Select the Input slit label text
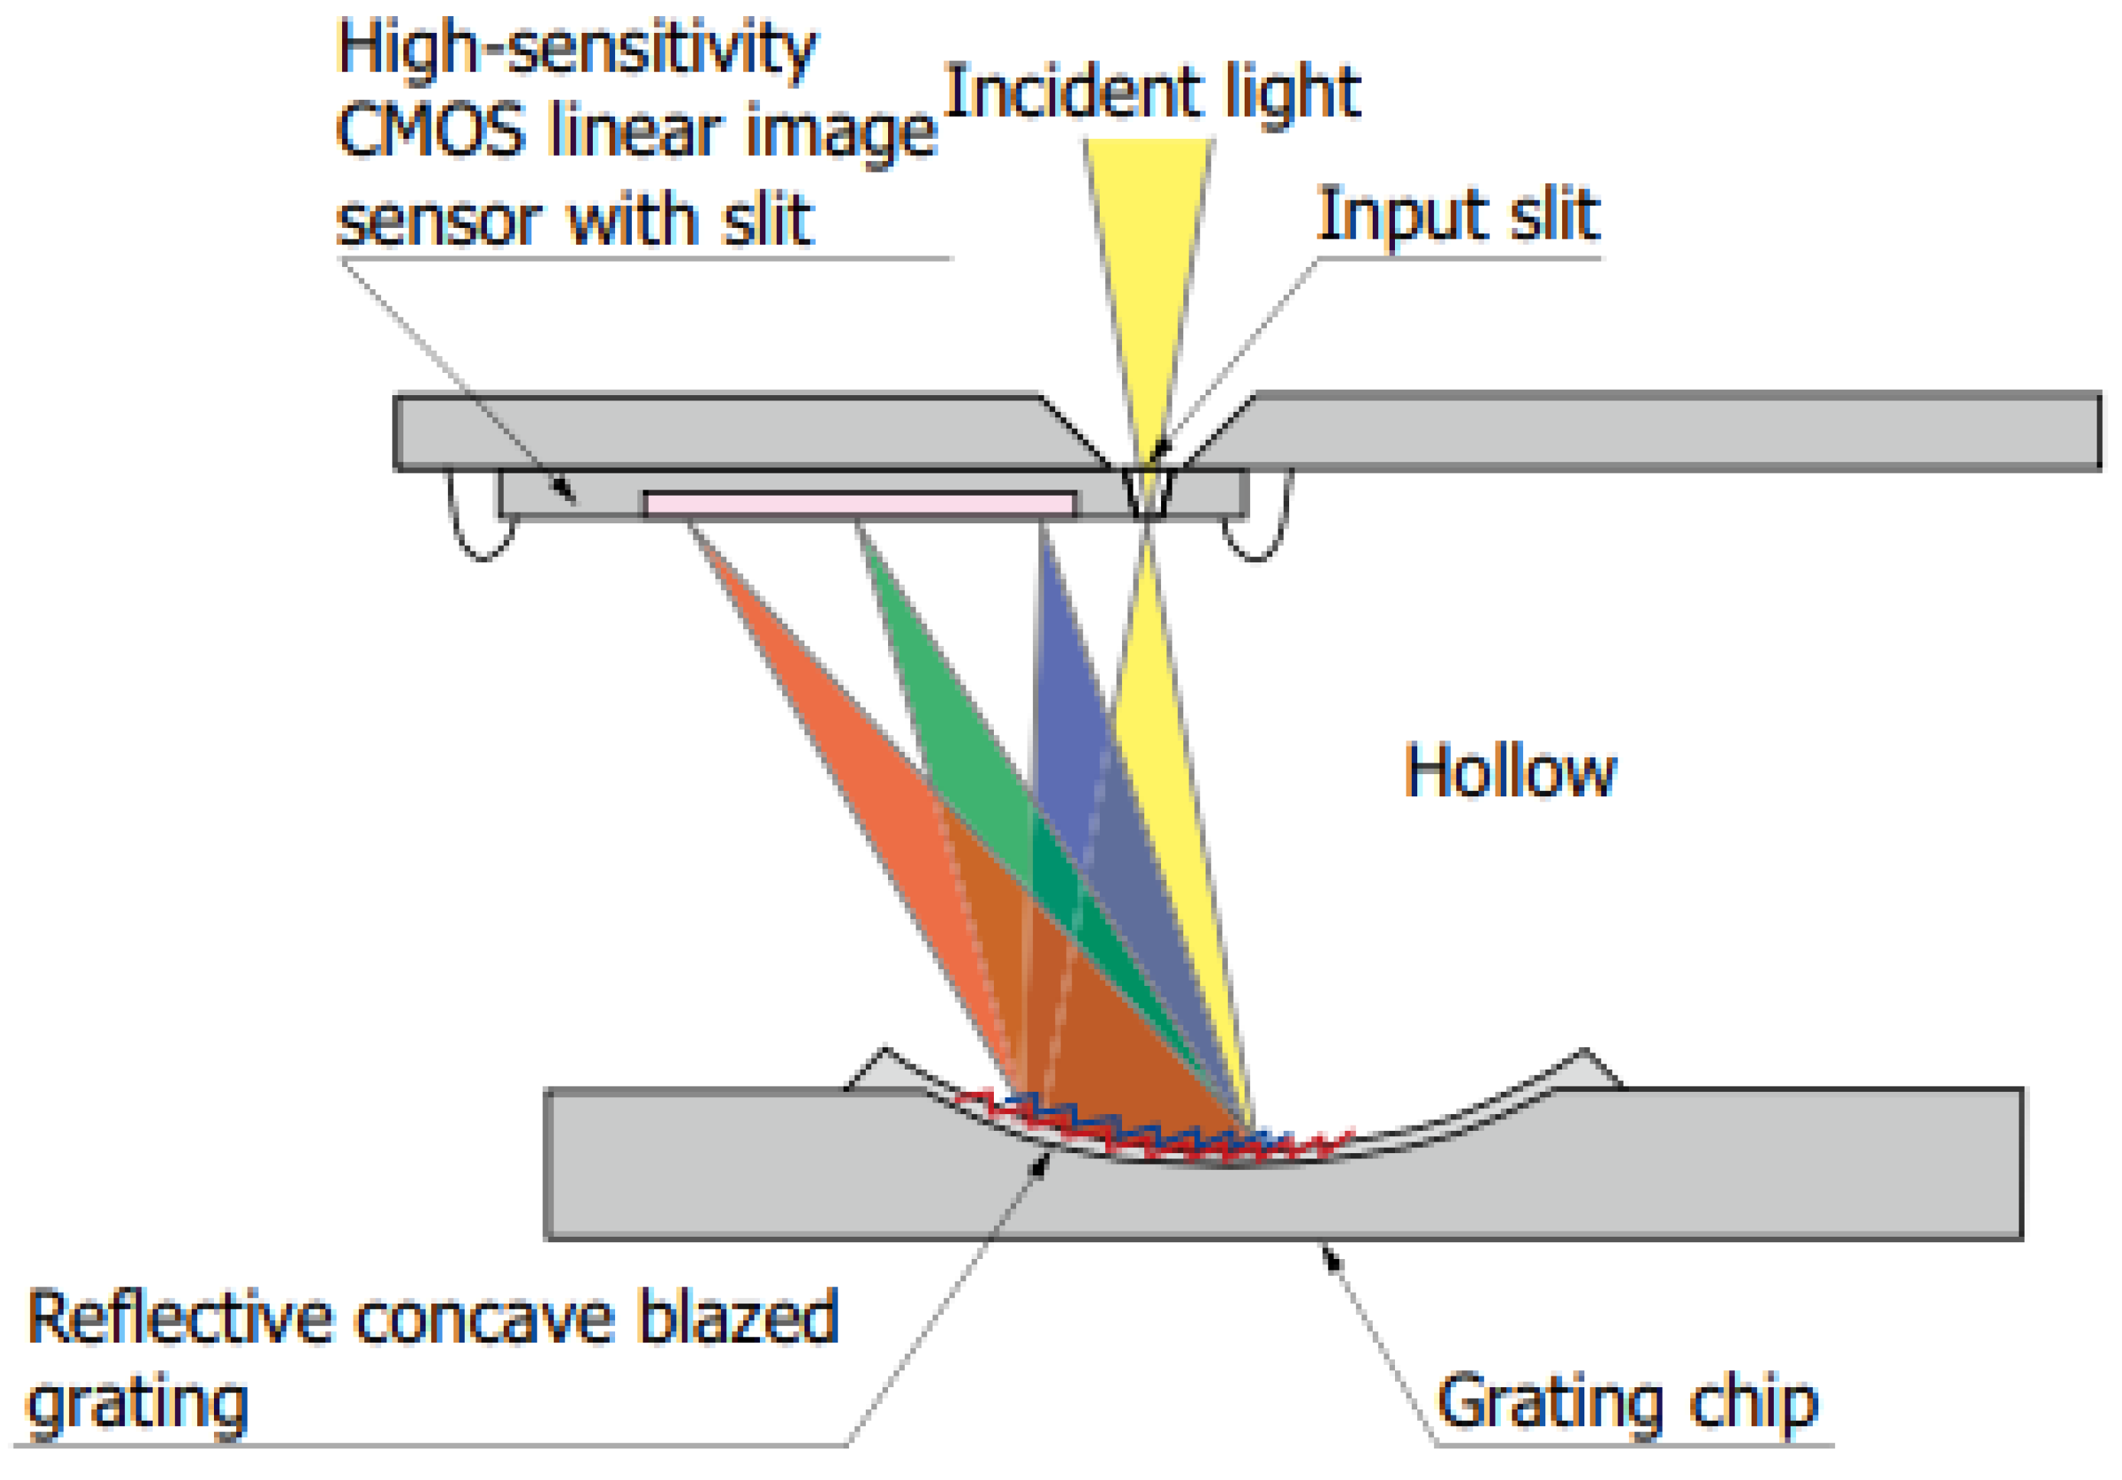(1458, 216)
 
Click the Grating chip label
(1627, 1403)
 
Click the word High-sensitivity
(577, 48)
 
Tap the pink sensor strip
(860, 504)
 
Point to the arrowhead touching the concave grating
(1041, 1163)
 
